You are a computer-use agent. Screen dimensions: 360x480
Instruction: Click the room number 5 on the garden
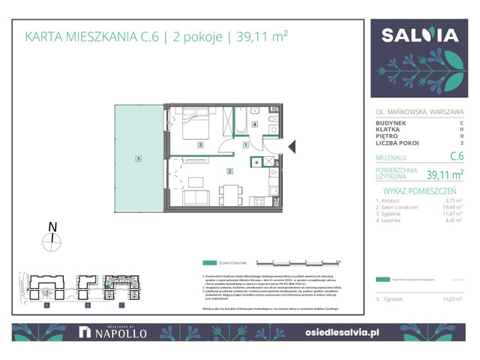(139, 158)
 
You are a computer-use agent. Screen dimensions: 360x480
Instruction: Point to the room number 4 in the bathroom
(254, 124)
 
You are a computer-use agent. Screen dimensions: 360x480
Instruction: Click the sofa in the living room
(196, 198)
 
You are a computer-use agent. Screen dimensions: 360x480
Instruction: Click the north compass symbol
(52, 239)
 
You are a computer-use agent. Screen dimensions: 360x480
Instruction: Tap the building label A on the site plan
(46, 306)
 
